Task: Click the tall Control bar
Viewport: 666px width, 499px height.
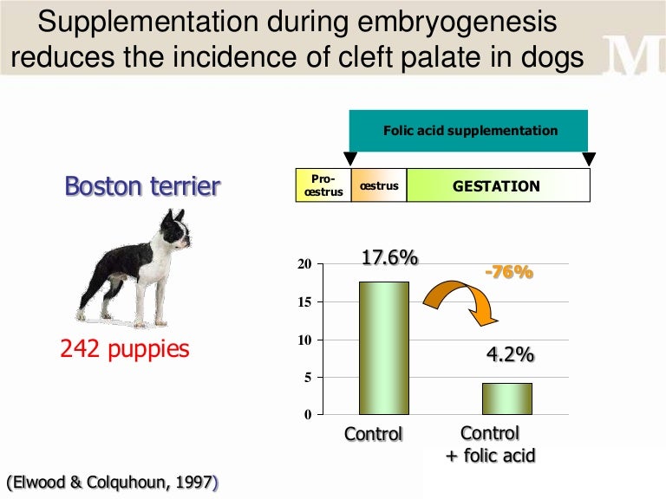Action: click(384, 347)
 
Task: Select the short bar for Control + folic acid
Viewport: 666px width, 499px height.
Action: click(507, 399)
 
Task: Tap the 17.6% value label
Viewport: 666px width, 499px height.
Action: click(389, 258)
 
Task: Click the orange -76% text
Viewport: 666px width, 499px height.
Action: click(508, 272)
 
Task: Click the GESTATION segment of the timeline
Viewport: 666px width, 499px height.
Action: click(497, 186)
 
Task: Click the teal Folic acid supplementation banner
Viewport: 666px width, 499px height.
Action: click(469, 131)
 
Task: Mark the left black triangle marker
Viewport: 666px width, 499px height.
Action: click(350, 159)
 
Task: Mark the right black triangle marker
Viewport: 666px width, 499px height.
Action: click(589, 159)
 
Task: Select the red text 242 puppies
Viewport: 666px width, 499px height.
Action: click(125, 349)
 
